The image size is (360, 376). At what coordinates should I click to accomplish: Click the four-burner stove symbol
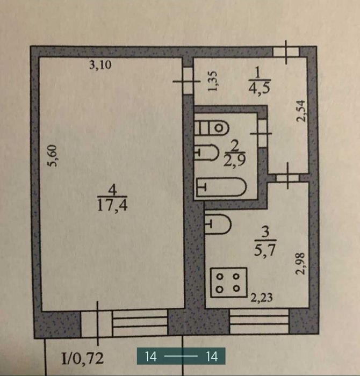tap(228, 282)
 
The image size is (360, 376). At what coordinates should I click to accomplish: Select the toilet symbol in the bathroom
tap(212, 128)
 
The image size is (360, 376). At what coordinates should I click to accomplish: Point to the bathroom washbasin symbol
tap(207, 153)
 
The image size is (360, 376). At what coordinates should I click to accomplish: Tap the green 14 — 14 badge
tap(181, 356)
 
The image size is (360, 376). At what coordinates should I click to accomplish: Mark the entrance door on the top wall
tap(285, 53)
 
